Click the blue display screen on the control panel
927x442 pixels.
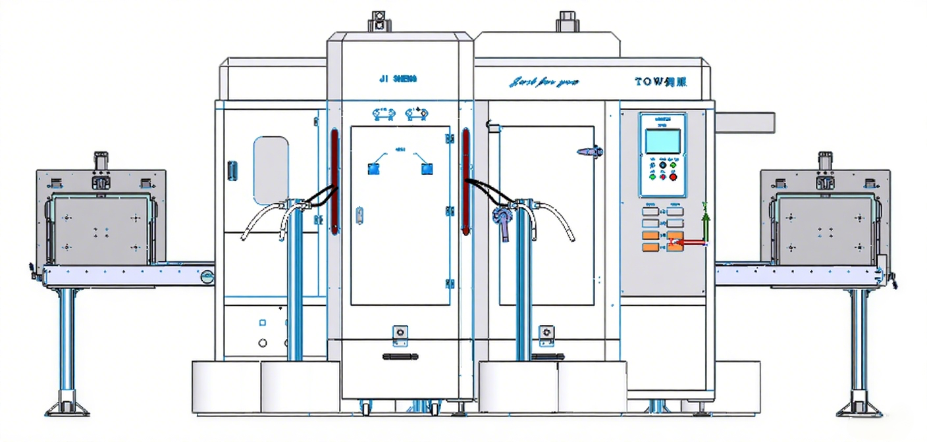662,141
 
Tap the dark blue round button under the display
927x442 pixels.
662,165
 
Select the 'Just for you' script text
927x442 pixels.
544,82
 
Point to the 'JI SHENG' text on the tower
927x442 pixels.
398,79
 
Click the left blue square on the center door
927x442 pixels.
373,169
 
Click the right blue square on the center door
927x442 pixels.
427,169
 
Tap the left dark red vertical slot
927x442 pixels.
334,181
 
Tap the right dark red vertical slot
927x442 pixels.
465,181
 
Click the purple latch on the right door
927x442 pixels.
590,151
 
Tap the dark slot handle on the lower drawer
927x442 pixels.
400,356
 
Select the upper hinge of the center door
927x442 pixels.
450,139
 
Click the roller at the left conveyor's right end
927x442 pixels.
207,277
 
